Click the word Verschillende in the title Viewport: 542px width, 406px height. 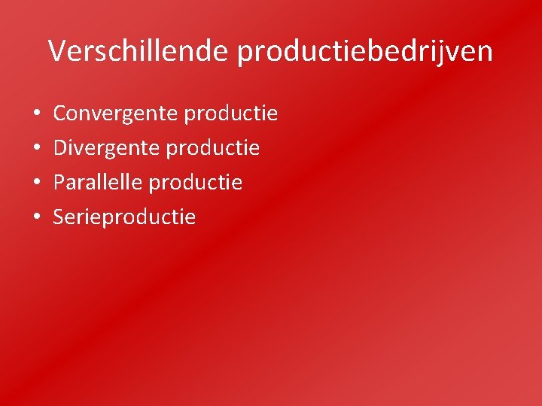pos(139,51)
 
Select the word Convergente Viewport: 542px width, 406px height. pos(115,114)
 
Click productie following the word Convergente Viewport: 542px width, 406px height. pos(231,114)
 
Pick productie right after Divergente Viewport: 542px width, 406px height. pos(213,149)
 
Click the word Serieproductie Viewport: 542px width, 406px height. pos(124,218)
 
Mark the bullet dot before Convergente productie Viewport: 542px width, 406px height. pos(37,115)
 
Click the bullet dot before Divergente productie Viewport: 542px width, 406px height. pos(37,149)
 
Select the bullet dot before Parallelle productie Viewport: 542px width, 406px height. pos(37,183)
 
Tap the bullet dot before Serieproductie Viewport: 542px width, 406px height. pos(37,218)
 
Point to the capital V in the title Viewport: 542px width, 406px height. pos(57,51)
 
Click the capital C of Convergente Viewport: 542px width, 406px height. pos(60,114)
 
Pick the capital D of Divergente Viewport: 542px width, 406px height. pos(60,148)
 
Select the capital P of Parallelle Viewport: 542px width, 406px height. pos(59,183)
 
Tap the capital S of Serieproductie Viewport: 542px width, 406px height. pos(59,217)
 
